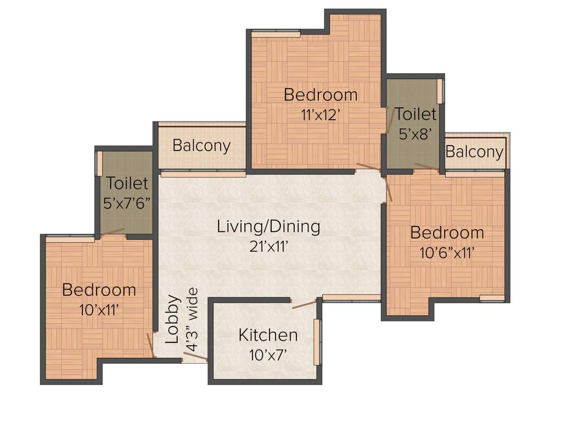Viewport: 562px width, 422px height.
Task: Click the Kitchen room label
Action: (268, 335)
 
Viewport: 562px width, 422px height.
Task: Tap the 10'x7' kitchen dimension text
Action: (268, 354)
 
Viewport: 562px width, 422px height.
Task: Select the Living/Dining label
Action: (268, 226)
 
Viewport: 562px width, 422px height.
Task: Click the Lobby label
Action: (172, 327)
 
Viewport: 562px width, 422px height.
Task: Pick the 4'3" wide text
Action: (192, 320)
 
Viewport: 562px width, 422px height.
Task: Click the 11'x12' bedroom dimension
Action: (321, 115)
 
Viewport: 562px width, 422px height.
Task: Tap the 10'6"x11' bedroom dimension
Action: (447, 253)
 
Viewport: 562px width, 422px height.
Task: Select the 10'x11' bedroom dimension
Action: (99, 309)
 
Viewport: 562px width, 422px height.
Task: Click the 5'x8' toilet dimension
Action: (416, 134)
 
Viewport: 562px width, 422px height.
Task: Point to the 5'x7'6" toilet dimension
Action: (127, 203)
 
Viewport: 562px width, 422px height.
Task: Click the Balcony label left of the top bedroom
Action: (201, 146)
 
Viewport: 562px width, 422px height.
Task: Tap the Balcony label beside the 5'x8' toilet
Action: (474, 152)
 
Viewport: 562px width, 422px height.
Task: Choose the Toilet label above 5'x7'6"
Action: (127, 183)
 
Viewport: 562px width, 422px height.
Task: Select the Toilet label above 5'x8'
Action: (416, 114)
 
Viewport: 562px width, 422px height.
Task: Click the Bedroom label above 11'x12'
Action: (321, 95)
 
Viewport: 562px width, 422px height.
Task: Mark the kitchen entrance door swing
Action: (304, 304)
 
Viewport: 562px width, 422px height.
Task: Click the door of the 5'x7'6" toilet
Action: (113, 232)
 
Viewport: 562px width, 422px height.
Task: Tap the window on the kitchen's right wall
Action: (317, 342)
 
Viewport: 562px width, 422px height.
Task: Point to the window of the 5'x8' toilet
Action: (440, 91)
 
